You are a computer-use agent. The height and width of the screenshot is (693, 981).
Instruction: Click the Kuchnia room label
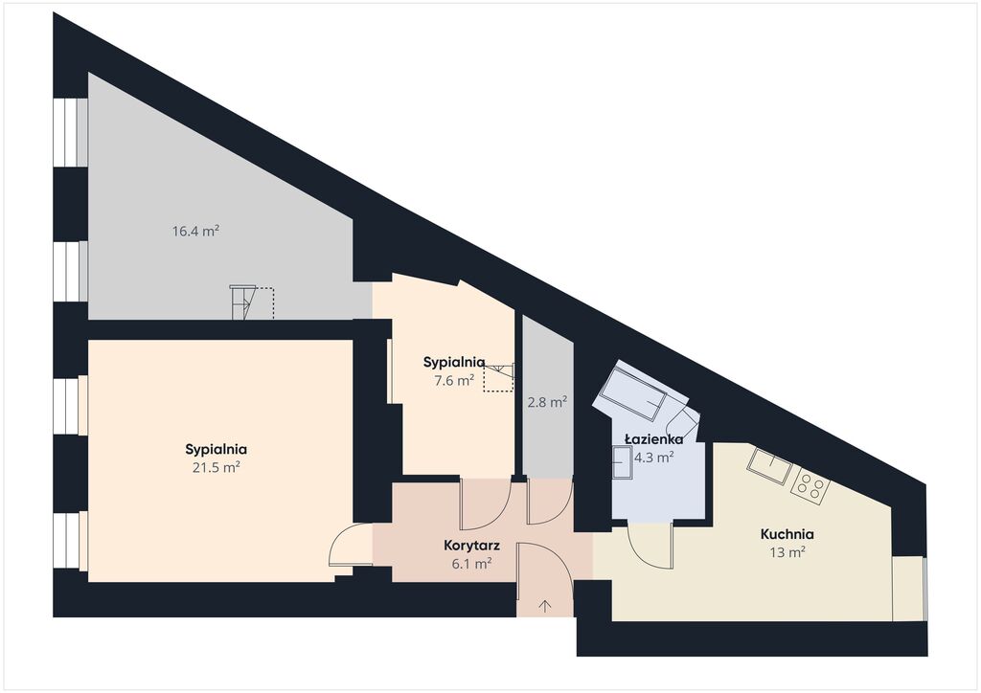[787, 534]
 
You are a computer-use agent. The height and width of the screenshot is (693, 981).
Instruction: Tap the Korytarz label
[471, 546]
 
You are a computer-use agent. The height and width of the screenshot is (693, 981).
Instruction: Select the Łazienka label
[654, 439]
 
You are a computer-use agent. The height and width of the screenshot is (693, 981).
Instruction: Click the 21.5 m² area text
[217, 467]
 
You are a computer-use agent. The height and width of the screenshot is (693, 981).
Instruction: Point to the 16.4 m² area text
[195, 232]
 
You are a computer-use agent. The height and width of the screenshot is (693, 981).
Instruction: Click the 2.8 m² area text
[547, 402]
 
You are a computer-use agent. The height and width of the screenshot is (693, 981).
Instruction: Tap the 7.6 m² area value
[454, 380]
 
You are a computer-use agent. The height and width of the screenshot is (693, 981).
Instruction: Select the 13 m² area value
[787, 552]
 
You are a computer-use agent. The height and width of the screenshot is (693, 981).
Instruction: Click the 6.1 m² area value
[471, 564]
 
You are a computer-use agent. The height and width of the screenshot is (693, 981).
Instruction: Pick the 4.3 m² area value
[654, 458]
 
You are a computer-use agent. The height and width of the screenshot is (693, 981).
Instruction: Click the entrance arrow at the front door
[545, 605]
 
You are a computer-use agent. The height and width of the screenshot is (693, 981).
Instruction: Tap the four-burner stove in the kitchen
[810, 485]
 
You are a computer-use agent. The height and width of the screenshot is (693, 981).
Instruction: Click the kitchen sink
[769, 465]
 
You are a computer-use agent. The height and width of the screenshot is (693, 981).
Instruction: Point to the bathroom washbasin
[623, 462]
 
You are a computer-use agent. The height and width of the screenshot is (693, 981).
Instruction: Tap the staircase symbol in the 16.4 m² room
[252, 302]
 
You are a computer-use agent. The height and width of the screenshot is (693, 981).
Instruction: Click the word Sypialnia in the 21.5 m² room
[217, 449]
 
